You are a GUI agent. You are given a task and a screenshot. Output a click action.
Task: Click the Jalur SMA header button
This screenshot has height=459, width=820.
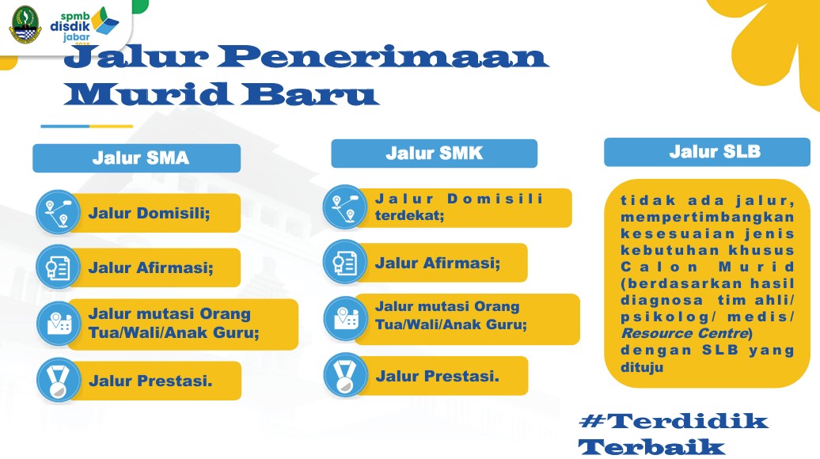point(136,158)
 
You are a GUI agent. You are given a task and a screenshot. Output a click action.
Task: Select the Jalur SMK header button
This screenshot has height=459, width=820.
point(434,154)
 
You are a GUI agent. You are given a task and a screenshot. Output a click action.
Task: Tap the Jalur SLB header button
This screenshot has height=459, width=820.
point(707,152)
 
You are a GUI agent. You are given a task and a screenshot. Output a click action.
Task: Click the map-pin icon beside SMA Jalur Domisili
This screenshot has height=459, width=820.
point(58,212)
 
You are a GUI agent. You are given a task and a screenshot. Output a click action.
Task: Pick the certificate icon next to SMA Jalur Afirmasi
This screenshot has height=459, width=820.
point(58,267)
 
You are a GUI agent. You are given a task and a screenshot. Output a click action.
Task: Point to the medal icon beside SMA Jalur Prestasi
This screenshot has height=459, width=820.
point(58,380)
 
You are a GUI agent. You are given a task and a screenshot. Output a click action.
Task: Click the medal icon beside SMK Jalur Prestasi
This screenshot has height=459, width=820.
point(345,375)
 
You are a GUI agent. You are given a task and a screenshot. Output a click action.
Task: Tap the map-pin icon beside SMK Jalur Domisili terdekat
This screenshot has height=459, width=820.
point(345,207)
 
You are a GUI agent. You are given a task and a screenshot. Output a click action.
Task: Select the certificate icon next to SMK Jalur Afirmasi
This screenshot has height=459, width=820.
point(345,262)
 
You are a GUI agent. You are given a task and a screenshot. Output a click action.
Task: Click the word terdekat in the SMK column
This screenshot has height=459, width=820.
point(409,215)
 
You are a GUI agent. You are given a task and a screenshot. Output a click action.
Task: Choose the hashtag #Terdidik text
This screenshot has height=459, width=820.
point(674,421)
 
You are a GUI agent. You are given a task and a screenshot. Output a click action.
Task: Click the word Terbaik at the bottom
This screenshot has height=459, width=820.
point(651,447)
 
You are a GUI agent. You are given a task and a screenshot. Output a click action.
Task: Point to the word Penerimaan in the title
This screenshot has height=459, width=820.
point(382,56)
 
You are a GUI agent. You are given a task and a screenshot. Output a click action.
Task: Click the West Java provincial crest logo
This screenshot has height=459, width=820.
point(25,25)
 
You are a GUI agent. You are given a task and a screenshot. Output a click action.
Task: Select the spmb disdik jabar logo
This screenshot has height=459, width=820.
point(84,25)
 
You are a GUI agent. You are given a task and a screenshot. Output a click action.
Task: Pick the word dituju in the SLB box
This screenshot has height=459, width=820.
point(642,367)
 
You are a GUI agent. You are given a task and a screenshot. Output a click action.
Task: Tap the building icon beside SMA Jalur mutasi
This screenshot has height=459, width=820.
point(58,324)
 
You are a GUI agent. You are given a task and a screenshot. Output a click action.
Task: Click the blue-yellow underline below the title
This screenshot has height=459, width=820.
point(87,126)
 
